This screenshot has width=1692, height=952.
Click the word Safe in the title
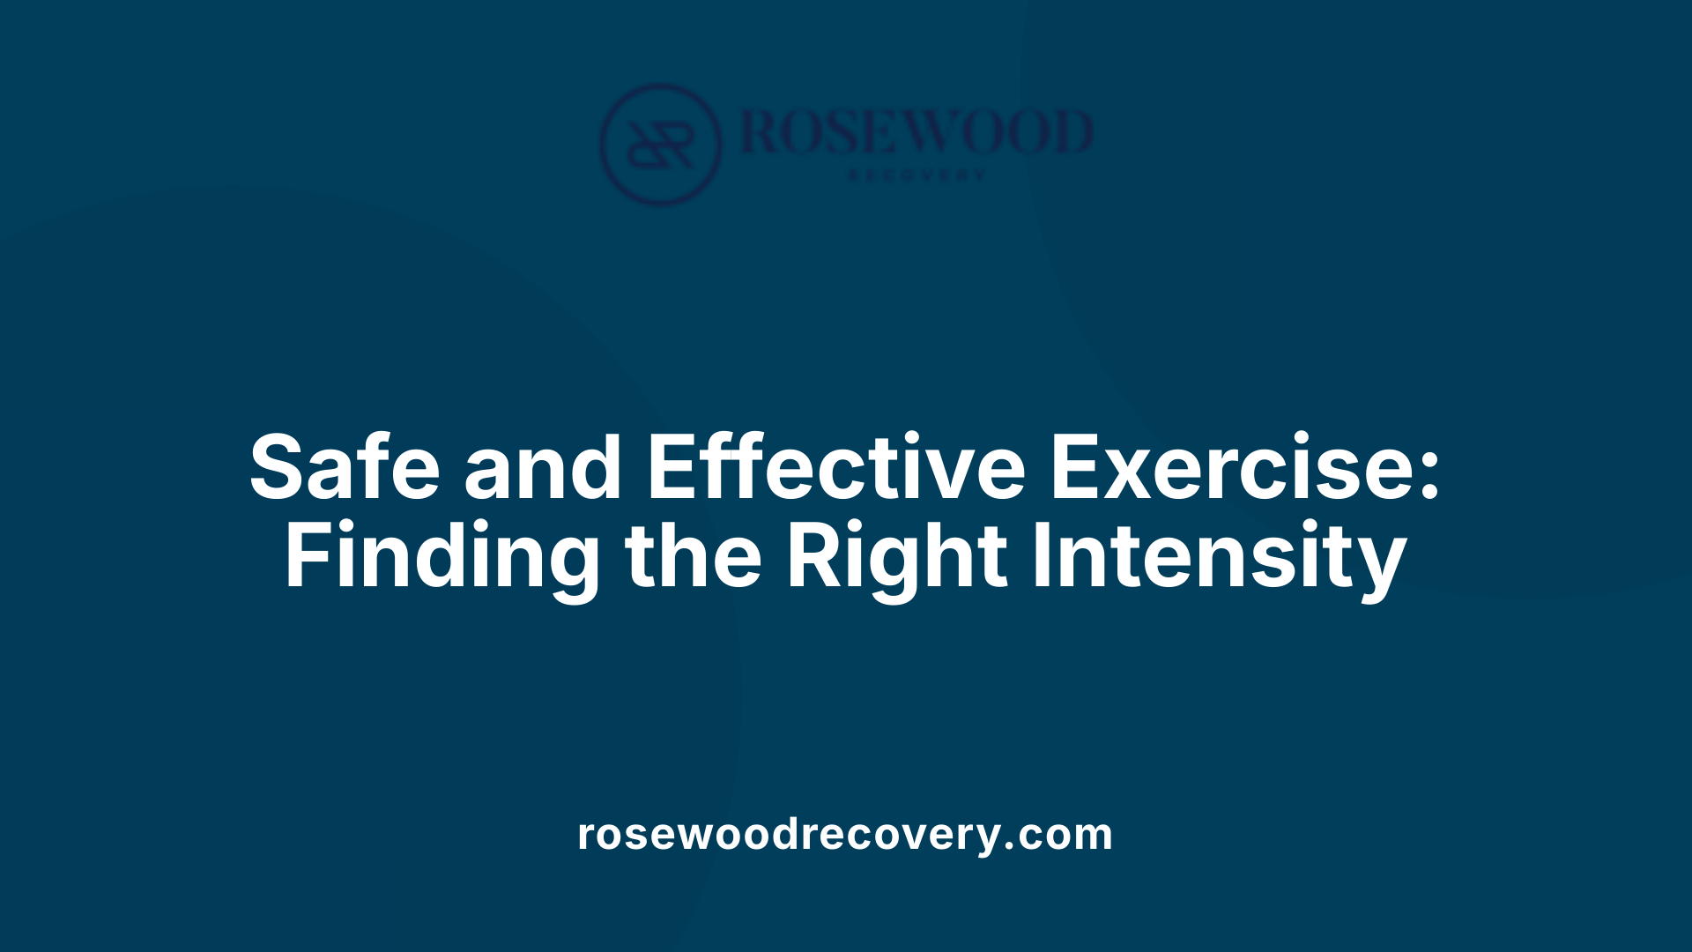[345, 467]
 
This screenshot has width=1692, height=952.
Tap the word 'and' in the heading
[543, 467]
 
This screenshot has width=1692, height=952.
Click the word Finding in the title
[442, 557]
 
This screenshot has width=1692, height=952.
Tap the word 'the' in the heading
[693, 557]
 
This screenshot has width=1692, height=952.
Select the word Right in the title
[896, 557]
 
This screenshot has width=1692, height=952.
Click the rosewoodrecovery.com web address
[845, 834]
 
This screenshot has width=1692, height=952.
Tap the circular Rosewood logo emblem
[660, 144]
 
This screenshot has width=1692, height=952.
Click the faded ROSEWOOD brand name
[916, 132]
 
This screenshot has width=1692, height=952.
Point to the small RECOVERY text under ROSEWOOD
[916, 175]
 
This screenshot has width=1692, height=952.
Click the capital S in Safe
[278, 467]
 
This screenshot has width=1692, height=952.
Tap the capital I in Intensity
[1040, 557]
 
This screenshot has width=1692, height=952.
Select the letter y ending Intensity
[1381, 564]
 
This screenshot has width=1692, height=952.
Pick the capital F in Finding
[304, 557]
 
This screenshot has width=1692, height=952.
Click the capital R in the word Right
[810, 557]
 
